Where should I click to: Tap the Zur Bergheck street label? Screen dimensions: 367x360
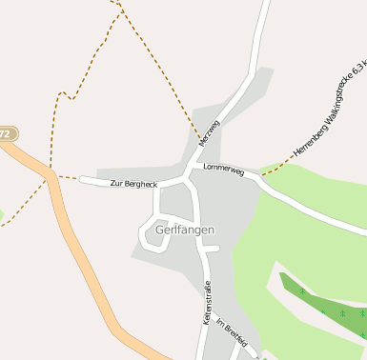click(x=133, y=183)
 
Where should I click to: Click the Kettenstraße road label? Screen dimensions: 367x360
click(x=206, y=302)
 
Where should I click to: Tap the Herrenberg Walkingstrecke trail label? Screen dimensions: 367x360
click(x=330, y=110)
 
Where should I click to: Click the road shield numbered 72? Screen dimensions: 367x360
click(x=6, y=134)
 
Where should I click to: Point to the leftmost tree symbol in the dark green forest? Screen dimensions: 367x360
click(x=302, y=290)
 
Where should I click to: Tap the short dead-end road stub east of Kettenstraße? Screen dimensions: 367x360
click(x=213, y=249)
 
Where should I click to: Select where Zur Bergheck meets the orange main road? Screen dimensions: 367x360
click(x=53, y=175)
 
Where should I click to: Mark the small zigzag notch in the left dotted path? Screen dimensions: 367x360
click(x=64, y=95)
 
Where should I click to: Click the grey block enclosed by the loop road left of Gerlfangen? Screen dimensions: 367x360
click(x=156, y=234)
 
